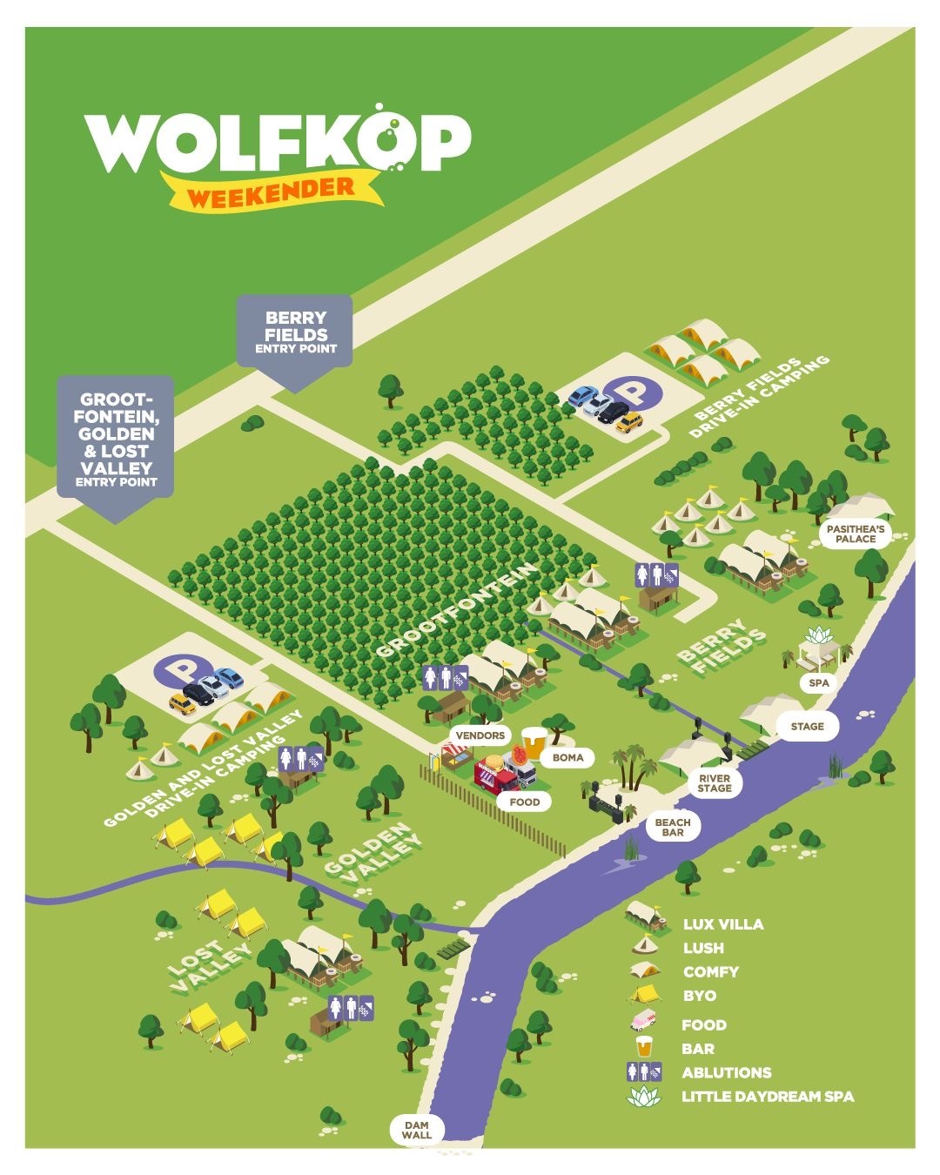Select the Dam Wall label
[x=417, y=1130]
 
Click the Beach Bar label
[x=672, y=827]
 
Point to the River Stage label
[x=715, y=782]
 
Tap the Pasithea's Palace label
[x=856, y=534]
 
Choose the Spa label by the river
[x=818, y=683]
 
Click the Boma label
[x=567, y=757]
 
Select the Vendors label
[x=480, y=735]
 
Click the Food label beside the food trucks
[x=524, y=802]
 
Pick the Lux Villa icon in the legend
[x=645, y=916]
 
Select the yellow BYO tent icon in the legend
[x=645, y=994]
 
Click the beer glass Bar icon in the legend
[x=644, y=1047]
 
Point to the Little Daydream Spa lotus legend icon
[x=644, y=1096]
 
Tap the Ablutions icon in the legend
[x=644, y=1072]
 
